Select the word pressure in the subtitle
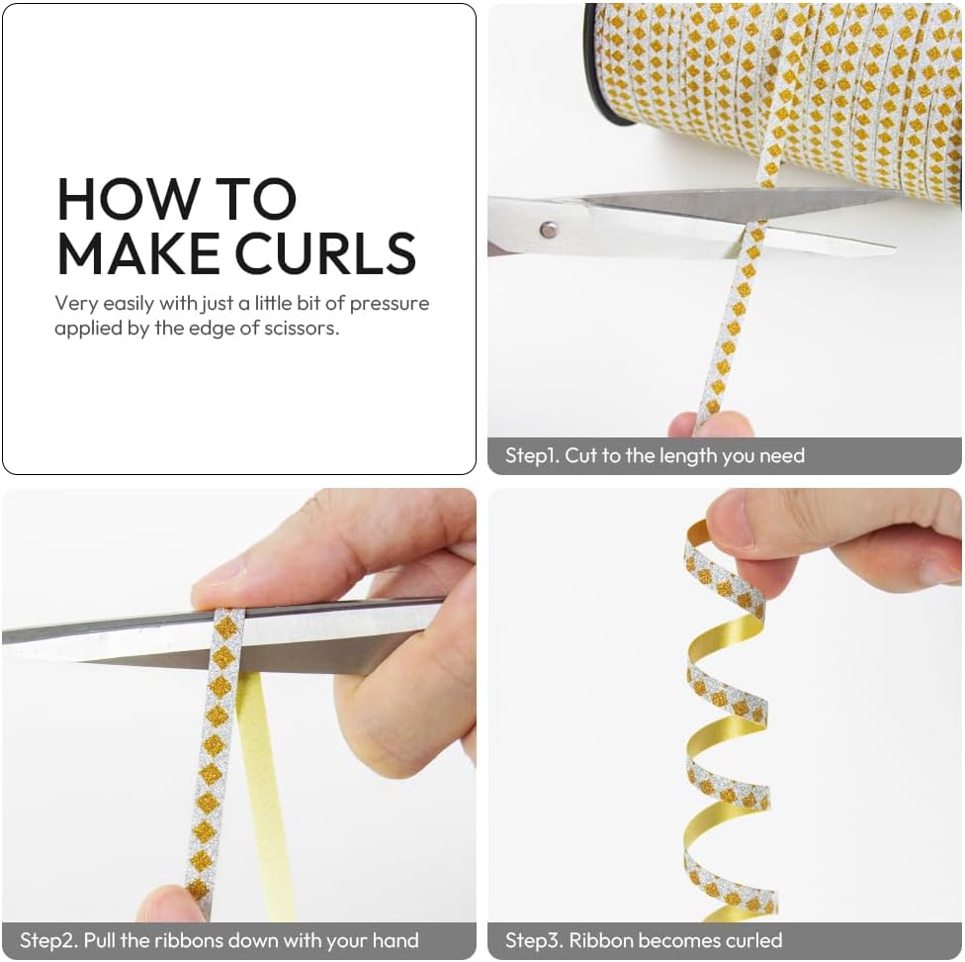click(389, 304)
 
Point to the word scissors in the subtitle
click(302, 328)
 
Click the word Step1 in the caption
click(532, 455)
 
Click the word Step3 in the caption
click(533, 940)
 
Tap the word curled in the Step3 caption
click(753, 940)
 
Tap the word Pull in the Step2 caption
click(99, 940)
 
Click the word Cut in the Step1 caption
click(579, 455)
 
